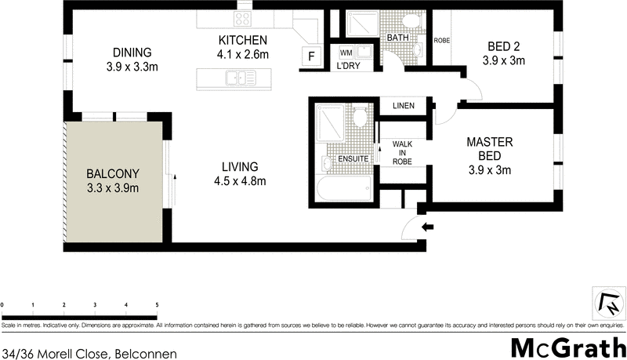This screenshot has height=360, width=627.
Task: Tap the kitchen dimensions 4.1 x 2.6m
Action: [243, 54]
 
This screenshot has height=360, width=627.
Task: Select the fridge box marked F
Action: [311, 56]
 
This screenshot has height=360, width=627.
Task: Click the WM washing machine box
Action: [346, 53]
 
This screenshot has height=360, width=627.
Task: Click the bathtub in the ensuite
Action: [346, 187]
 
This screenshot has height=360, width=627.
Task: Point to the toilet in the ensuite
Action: [360, 118]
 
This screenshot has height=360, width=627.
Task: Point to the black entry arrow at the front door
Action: [427, 227]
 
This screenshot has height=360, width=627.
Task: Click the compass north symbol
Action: [607, 300]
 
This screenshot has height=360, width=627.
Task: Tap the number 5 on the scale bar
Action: [157, 304]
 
